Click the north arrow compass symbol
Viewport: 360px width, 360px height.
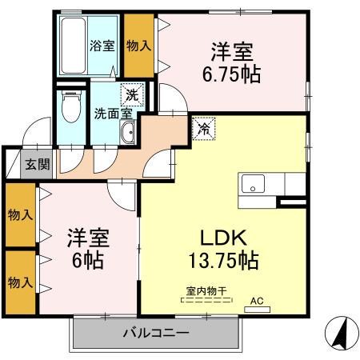coord(342,333)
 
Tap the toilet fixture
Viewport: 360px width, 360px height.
coord(71,106)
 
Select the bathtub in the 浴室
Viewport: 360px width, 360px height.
coord(74,46)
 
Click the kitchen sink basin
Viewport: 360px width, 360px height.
coord(253,184)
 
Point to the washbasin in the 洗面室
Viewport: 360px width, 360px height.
coord(128,132)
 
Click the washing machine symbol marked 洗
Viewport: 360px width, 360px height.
coord(132,94)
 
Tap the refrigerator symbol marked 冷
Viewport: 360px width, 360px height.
coord(204,129)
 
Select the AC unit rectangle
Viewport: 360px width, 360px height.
coord(257,310)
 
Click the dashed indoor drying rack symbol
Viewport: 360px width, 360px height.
coord(206,300)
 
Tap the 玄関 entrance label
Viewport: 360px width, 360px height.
coord(38,164)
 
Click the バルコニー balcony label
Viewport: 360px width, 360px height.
coord(156,333)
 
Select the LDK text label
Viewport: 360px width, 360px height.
coord(223,238)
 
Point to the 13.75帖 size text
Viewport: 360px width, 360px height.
coord(223,260)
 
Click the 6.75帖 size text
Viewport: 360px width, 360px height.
coord(231,74)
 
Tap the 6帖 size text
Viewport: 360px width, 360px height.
coord(88,260)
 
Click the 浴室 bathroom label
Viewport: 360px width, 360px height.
coord(102,46)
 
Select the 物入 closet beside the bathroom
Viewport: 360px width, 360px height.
coord(139,46)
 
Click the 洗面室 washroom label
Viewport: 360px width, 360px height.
coord(114,114)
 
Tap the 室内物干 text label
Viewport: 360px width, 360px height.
coord(206,290)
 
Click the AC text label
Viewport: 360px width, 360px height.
coord(257,301)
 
